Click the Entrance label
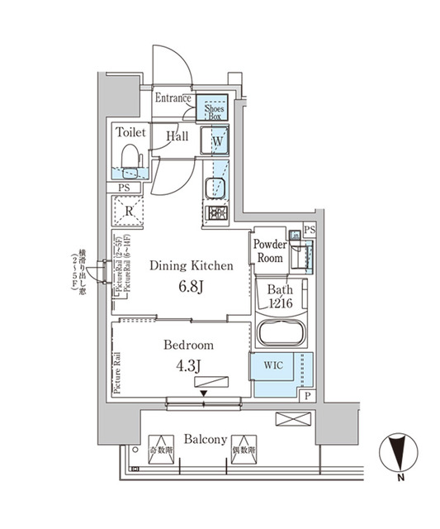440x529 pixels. pyautogui.click(x=173, y=99)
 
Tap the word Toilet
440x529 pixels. pyautogui.click(x=130, y=132)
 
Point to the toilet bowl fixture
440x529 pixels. pyautogui.click(x=130, y=159)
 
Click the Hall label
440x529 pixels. pyautogui.click(x=176, y=136)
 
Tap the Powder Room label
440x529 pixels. pyautogui.click(x=269, y=251)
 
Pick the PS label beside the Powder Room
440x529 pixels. pyautogui.click(x=310, y=229)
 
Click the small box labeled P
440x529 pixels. pyautogui.click(x=307, y=397)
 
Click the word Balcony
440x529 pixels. pyautogui.click(x=204, y=440)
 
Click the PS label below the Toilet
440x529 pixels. pyautogui.click(x=125, y=188)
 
